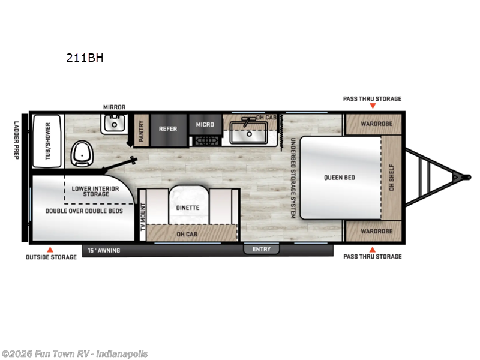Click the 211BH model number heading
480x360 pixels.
click(85, 58)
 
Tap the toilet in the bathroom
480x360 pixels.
click(82, 154)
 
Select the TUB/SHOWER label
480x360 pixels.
click(48, 141)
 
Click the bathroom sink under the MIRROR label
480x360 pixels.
click(114, 124)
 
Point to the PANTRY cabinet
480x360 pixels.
click(142, 130)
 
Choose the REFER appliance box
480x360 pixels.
click(168, 130)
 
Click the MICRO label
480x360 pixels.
click(205, 125)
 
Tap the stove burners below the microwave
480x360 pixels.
click(207, 141)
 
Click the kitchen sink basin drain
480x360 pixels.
click(249, 134)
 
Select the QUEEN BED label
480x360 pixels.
click(340, 178)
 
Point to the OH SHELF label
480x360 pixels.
click(392, 178)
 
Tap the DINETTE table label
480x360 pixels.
click(188, 208)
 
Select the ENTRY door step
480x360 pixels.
click(262, 249)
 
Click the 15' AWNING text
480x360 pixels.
click(104, 250)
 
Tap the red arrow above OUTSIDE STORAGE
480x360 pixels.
click(50, 250)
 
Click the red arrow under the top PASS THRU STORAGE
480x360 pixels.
click(373, 106)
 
